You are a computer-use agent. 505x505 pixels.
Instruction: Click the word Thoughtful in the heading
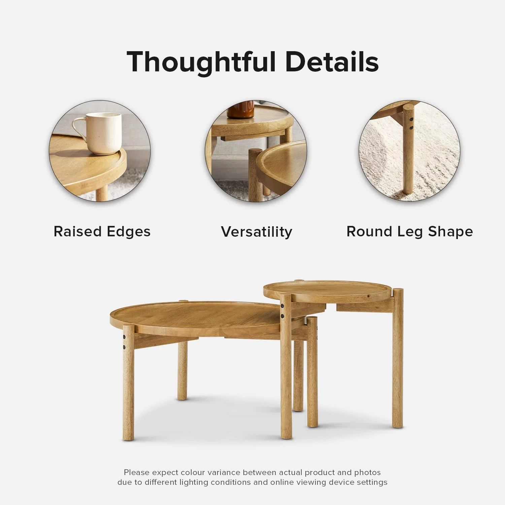(201, 62)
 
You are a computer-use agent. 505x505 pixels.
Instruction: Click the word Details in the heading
(332, 62)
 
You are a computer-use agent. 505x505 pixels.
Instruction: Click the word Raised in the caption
(78, 232)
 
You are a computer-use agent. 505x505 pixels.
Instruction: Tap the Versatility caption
(257, 232)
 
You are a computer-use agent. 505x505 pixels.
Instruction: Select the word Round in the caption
(370, 232)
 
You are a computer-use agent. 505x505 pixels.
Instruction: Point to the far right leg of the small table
(398, 358)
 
